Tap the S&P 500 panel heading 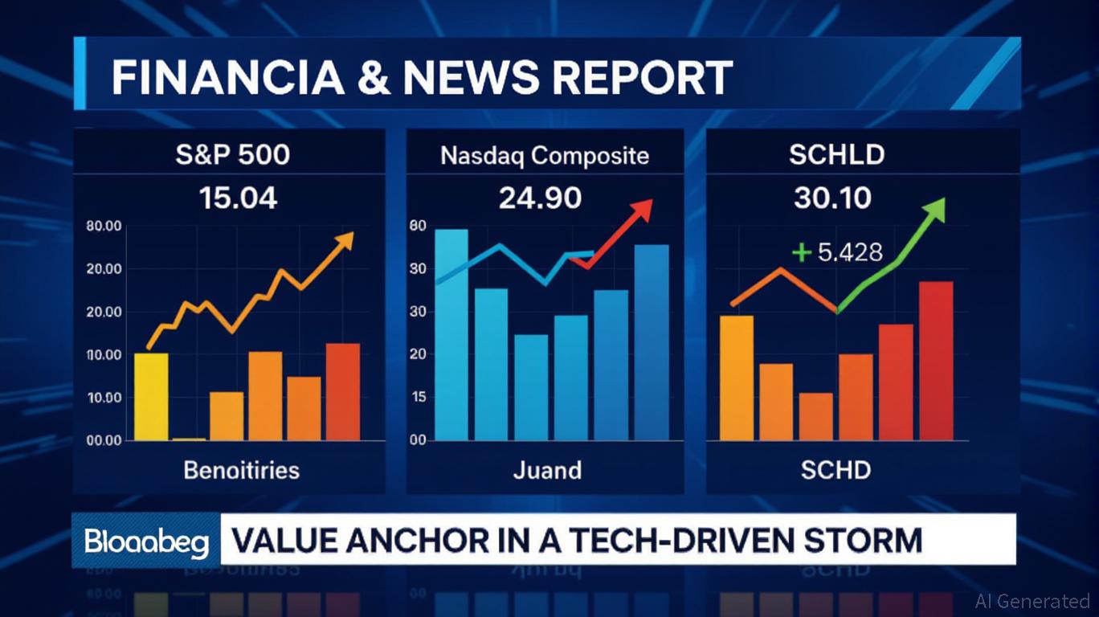tap(232, 154)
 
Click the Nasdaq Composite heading tap(545, 155)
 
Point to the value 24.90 tap(540, 197)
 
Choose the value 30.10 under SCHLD tap(832, 197)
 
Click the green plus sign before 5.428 tap(801, 253)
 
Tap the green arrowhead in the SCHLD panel tap(934, 210)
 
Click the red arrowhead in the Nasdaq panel tap(640, 211)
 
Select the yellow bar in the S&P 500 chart tap(151, 396)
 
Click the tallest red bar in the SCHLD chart tap(935, 361)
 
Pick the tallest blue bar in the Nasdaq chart tap(451, 334)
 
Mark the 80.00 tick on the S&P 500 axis tap(103, 227)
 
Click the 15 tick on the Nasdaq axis tap(417, 398)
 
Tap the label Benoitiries tap(241, 470)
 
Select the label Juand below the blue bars tap(547, 470)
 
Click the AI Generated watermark tap(1032, 601)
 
